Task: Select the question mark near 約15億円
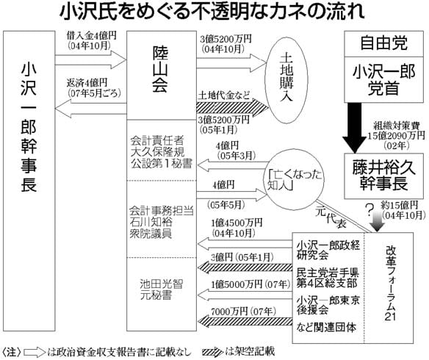point(365,209)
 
